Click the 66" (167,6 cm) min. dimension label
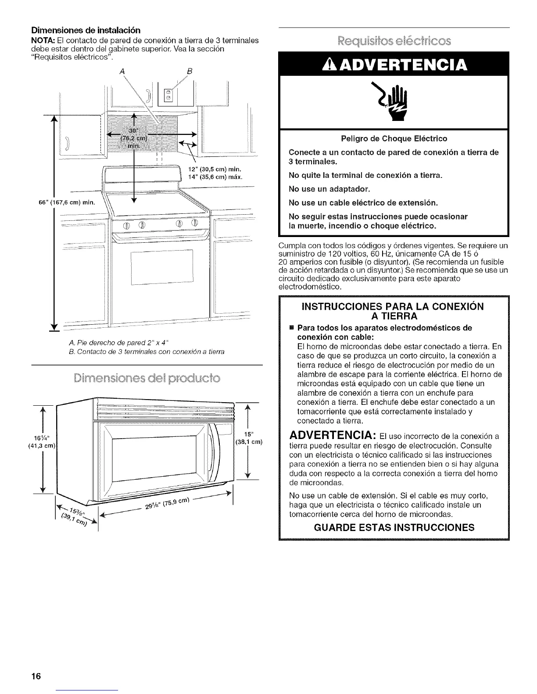tap(62, 203)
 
